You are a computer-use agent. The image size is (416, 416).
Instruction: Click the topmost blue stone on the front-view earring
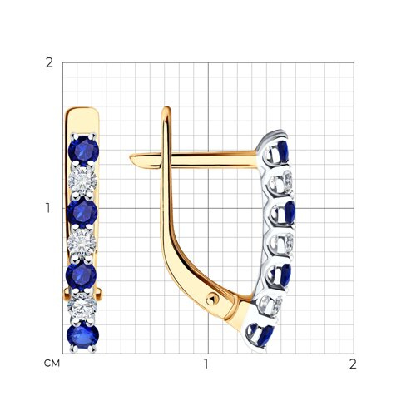click(84, 150)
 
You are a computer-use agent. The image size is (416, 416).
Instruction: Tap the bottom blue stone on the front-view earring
click(82, 336)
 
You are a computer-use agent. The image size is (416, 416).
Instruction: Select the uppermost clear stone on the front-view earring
click(82, 181)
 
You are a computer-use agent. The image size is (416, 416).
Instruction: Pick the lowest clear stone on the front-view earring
click(82, 305)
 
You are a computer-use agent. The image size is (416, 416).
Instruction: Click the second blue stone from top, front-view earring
click(82, 212)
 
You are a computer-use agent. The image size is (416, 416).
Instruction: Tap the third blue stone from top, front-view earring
click(81, 275)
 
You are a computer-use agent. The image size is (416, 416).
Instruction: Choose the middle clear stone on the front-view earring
click(82, 243)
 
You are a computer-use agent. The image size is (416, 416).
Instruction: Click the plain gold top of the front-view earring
click(82, 120)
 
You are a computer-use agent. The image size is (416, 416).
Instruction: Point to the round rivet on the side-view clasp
click(212, 300)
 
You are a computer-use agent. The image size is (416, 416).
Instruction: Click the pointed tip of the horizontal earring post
click(131, 158)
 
